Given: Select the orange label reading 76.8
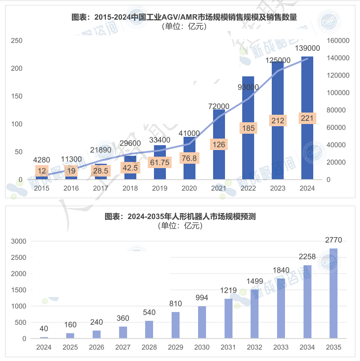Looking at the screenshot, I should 189,158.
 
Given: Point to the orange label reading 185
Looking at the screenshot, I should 248,128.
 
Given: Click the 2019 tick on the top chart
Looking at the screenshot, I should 160,188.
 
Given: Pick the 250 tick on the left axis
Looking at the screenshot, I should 17,41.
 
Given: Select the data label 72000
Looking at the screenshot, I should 218,106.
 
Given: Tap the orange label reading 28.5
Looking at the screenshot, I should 101,171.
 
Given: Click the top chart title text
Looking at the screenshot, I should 184,17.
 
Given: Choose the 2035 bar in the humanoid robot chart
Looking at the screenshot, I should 334,293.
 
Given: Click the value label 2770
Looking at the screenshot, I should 334,240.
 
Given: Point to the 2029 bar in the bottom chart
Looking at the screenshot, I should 176,325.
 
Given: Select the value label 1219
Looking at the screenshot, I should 229,290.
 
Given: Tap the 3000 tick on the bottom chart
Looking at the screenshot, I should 19,241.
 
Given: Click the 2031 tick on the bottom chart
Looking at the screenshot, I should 229,347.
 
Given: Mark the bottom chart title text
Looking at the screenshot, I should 180,217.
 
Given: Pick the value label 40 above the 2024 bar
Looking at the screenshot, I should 44,329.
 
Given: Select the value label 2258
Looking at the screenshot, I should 307,257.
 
